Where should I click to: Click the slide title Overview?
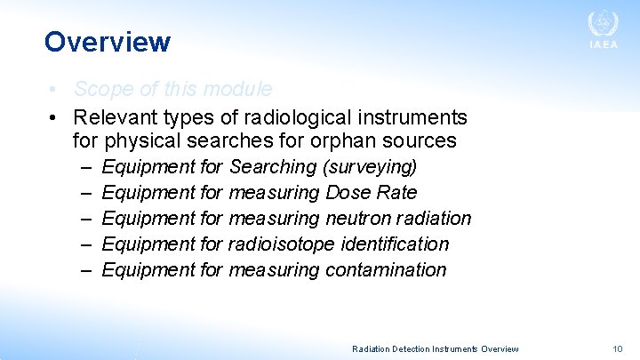pos(107,42)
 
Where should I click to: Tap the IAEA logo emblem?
pos(603,24)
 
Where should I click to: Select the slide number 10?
pos(618,348)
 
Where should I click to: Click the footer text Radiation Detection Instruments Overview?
pos(436,349)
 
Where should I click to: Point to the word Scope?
pos(99,90)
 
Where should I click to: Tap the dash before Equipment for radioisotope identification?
pos(84,244)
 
